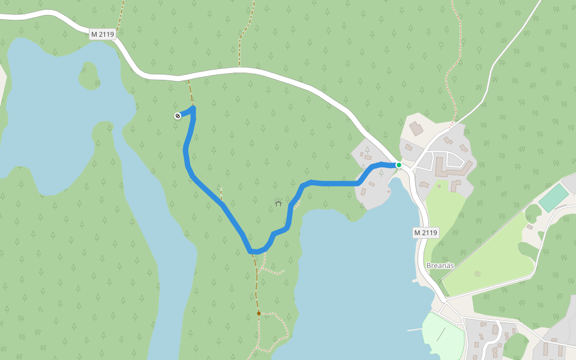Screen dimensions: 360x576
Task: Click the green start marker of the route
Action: pos(398,164)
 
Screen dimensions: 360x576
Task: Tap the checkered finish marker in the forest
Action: pos(178,116)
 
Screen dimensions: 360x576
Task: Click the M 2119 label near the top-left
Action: pos(103,35)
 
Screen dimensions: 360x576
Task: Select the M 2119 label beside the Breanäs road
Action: pos(426,232)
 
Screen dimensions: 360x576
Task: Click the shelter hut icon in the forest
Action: pos(278,203)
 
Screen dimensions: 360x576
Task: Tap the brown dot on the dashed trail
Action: pos(259,313)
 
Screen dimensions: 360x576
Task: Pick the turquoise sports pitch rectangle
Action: pos(553,197)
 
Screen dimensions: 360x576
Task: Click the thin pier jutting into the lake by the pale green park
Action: pos(414,329)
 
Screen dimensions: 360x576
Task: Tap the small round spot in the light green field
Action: pos(477,274)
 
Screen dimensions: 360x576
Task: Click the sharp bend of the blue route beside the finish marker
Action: pos(194,108)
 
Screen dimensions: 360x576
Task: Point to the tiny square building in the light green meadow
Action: pos(439,187)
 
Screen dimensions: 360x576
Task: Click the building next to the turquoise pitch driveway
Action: pos(530,227)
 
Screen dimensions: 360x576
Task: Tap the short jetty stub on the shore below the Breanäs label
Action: pos(415,280)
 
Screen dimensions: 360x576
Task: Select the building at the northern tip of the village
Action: pos(416,128)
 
